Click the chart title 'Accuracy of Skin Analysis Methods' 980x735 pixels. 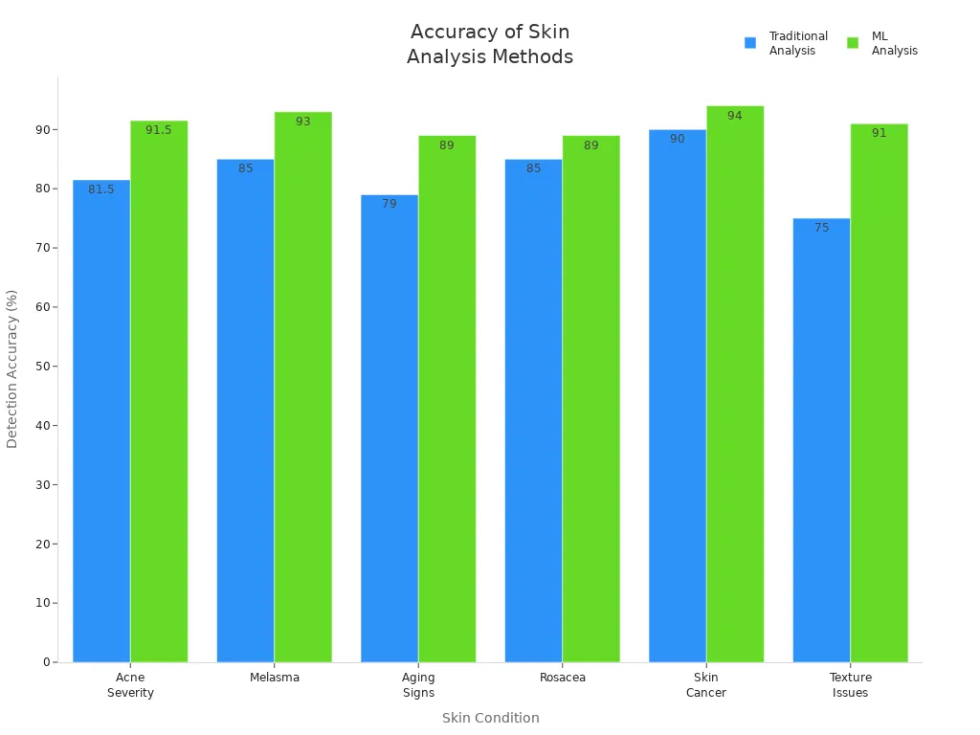pyautogui.click(x=489, y=44)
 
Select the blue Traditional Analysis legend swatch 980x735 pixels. pyautogui.click(x=750, y=43)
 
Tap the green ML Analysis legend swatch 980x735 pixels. pyautogui.click(x=853, y=43)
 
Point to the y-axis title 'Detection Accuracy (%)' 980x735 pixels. pyautogui.click(x=12, y=368)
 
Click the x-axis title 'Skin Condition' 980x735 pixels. pyautogui.click(x=490, y=718)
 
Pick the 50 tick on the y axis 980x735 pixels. pyautogui.click(x=43, y=367)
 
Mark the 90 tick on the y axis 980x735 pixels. pyautogui.click(x=43, y=129)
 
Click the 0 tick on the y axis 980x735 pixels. pyautogui.click(x=46, y=662)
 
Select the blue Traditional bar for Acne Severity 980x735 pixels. pyautogui.click(x=101, y=421)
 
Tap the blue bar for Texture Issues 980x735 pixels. pyautogui.click(x=821, y=440)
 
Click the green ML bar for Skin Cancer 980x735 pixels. pyautogui.click(x=735, y=384)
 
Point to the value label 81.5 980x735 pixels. pyautogui.click(x=101, y=189)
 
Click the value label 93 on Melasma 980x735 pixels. pyautogui.click(x=302, y=122)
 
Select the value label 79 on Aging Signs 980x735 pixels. pyautogui.click(x=390, y=204)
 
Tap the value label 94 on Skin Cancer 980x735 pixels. pyautogui.click(x=735, y=116)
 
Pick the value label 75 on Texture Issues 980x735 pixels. pyautogui.click(x=821, y=228)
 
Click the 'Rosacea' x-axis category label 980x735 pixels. pyautogui.click(x=563, y=678)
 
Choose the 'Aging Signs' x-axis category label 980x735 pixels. pyautogui.click(x=418, y=685)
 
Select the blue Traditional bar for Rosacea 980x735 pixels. pyautogui.click(x=533, y=411)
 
